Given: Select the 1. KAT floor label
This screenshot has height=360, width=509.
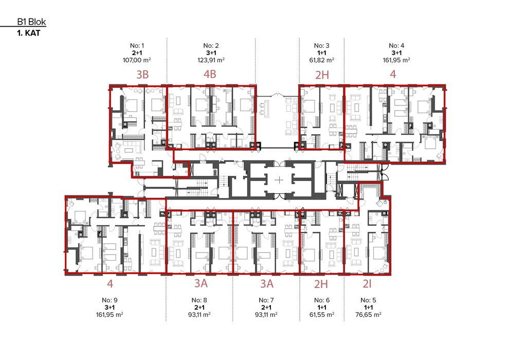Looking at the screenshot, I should (29, 32).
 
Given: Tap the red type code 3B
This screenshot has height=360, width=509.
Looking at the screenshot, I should (142, 75).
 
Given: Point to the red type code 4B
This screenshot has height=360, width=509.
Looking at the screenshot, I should (210, 75).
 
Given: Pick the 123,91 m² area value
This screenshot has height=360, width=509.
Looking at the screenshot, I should (211, 60).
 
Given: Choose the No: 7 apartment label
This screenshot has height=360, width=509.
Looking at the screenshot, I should (265, 300).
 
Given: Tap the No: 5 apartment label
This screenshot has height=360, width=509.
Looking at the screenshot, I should (370, 300).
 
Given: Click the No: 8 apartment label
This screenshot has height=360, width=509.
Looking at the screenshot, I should (199, 300).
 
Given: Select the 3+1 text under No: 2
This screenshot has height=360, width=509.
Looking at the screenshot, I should (211, 53).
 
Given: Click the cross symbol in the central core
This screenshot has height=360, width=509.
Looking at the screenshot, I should (279, 180).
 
